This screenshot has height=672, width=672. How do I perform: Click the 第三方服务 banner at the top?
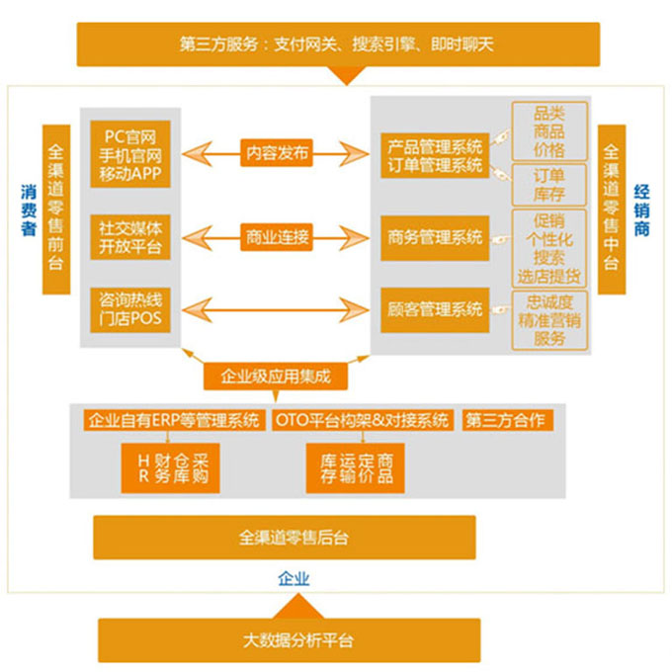pyautogui.click(x=337, y=44)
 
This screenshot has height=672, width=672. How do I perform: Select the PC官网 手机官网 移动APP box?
pyautogui.click(x=131, y=154)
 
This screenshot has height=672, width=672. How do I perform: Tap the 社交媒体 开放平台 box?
pyautogui.click(x=131, y=236)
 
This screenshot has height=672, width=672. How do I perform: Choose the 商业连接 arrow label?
pyautogui.click(x=277, y=236)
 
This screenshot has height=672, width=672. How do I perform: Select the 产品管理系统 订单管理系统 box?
pyautogui.click(x=435, y=155)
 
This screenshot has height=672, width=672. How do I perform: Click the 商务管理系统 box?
pyautogui.click(x=435, y=236)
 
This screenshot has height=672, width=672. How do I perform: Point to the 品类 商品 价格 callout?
pyautogui.click(x=548, y=131)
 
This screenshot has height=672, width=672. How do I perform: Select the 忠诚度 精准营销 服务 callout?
pyautogui.click(x=548, y=320)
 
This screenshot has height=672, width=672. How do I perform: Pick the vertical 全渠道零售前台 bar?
pyautogui.click(x=56, y=210)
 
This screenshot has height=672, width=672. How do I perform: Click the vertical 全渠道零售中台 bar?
pyautogui.click(x=612, y=210)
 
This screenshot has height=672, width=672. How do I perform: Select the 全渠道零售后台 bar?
pyautogui.click(x=285, y=538)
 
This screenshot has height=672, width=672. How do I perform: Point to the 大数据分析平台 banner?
pyautogui.click(x=285, y=639)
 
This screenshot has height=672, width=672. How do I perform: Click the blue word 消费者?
pyautogui.click(x=29, y=209)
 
